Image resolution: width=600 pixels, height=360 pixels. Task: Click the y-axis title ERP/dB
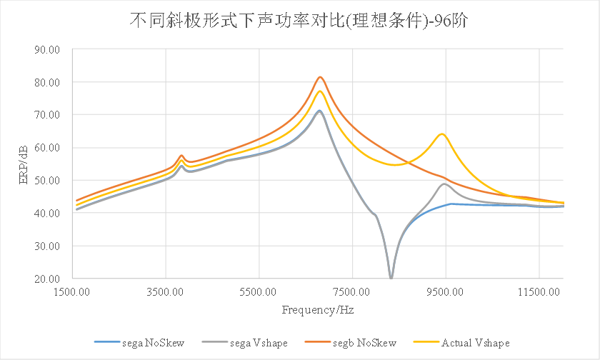click(23, 164)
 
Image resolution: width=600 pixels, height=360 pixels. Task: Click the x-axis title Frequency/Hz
click(318, 310)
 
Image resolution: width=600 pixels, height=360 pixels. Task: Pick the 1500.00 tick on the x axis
click(73, 291)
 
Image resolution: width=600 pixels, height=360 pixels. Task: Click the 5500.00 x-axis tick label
click(259, 291)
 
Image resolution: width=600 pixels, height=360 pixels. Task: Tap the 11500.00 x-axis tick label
click(539, 291)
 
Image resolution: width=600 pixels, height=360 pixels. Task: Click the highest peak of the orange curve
click(321, 77)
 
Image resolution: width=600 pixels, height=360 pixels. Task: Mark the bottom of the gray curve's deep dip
click(391, 277)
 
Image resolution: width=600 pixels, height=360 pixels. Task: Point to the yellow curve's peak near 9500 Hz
click(442, 134)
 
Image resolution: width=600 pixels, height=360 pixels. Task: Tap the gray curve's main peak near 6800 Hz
click(319, 111)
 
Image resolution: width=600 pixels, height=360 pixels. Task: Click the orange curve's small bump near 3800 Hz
click(181, 155)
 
